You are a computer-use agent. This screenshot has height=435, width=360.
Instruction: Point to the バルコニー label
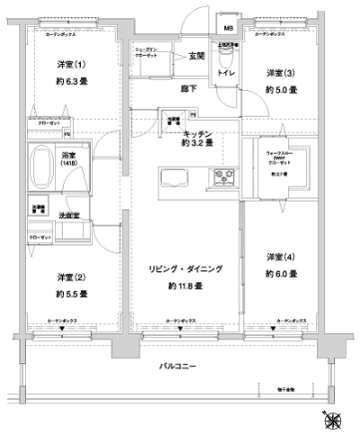point(179,366)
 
